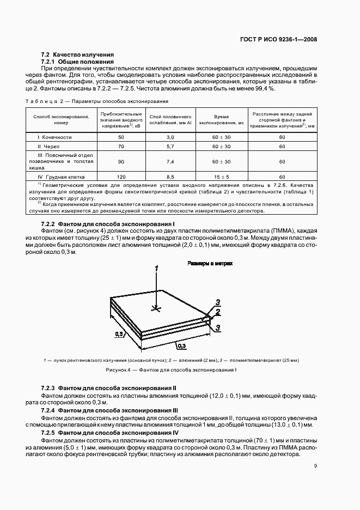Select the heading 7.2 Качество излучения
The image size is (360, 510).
pos(77,54)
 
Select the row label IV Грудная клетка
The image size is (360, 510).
pos(59,177)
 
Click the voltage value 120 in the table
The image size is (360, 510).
pos(121,177)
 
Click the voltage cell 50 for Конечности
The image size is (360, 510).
pos(121,137)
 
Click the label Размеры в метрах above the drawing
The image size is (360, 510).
pos(210,263)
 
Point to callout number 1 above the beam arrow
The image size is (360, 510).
pos(156,269)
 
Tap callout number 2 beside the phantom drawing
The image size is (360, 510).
pos(217,313)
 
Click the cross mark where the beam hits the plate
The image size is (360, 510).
pos(157,309)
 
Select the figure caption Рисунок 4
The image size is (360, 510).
pos(172,371)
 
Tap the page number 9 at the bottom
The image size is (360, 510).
pos(315,465)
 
